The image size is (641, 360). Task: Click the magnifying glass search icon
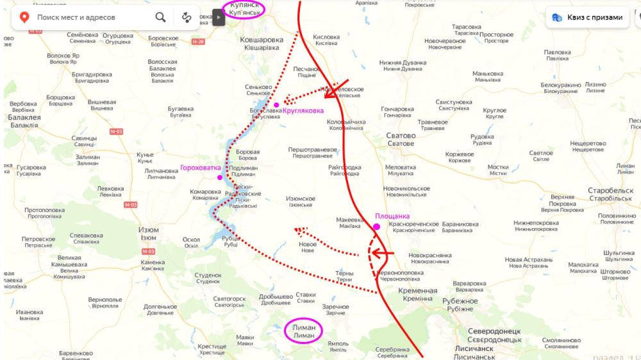(160, 17)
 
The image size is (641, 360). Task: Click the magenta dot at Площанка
(376, 227)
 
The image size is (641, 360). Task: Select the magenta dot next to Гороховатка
(221, 177)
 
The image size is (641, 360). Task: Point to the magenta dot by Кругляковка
(276, 105)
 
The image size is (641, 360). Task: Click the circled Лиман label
(304, 331)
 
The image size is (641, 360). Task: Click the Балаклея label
(25, 121)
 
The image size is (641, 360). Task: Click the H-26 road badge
(198, 42)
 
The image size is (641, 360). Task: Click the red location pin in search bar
(24, 17)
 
